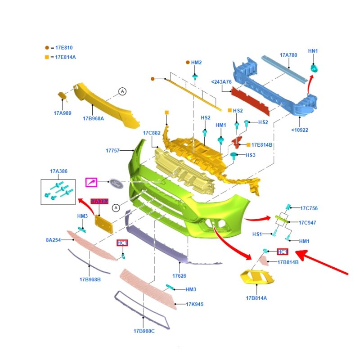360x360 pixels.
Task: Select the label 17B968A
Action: click(93, 118)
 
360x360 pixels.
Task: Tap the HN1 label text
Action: click(313, 51)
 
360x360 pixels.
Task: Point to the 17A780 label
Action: click(288, 55)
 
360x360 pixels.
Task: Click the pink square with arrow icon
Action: click(92, 183)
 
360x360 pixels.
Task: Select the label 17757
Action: click(112, 151)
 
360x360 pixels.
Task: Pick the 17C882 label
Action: click(152, 133)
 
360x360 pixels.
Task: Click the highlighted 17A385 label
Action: click(99, 201)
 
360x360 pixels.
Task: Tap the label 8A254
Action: click(53, 240)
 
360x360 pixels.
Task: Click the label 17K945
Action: click(194, 304)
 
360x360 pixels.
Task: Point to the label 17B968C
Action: click(144, 331)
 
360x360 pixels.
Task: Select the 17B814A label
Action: click(256, 298)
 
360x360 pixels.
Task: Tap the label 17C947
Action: click(308, 222)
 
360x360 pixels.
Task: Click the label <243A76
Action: click(221, 82)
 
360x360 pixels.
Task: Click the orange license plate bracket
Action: click(103, 223)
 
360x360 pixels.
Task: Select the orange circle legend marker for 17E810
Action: click(47, 47)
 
